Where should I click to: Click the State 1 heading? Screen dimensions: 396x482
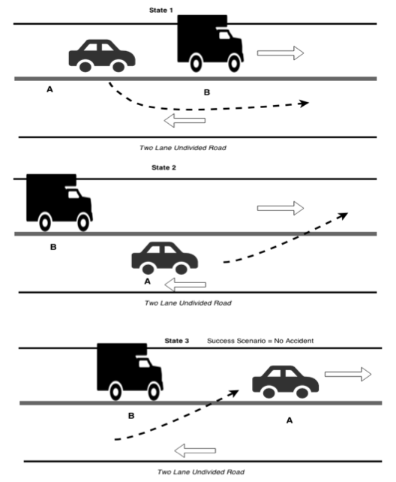pos(160,11)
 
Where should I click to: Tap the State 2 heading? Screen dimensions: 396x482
pos(163,167)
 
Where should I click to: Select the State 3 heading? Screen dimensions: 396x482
pos(177,341)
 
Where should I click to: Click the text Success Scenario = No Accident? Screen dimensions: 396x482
pos(260,341)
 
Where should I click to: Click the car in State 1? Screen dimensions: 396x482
pos(102,56)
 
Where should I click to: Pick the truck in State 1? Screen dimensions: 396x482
pos(210,44)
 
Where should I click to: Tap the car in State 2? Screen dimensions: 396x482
pos(165,258)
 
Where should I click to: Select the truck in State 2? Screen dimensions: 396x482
pos(59,203)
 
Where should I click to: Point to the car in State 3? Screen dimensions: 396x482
pos(286,382)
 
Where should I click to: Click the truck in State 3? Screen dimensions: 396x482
pos(130,372)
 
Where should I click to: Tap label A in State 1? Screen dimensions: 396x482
pos(49,89)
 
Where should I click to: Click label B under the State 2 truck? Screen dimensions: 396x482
pos(53,247)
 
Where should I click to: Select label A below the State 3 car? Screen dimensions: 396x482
pos(289,420)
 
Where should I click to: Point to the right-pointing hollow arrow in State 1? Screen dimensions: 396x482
pos(280,53)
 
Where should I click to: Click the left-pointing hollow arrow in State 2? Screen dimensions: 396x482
pos(185,285)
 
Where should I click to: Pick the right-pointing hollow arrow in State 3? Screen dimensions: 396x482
pos(348,374)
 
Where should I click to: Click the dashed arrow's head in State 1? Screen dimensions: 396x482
pos(304,104)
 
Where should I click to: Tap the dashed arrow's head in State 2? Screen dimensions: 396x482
pos(343,215)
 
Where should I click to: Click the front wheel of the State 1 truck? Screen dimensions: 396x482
pos(234,63)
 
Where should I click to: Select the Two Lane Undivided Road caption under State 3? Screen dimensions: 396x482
pos(201,471)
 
